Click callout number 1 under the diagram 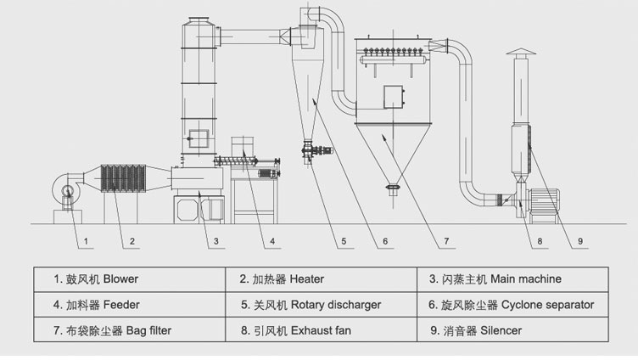pos(86,242)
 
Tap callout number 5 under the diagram pos(344,242)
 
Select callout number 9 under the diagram pos(581,242)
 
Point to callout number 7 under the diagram pos(446,242)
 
